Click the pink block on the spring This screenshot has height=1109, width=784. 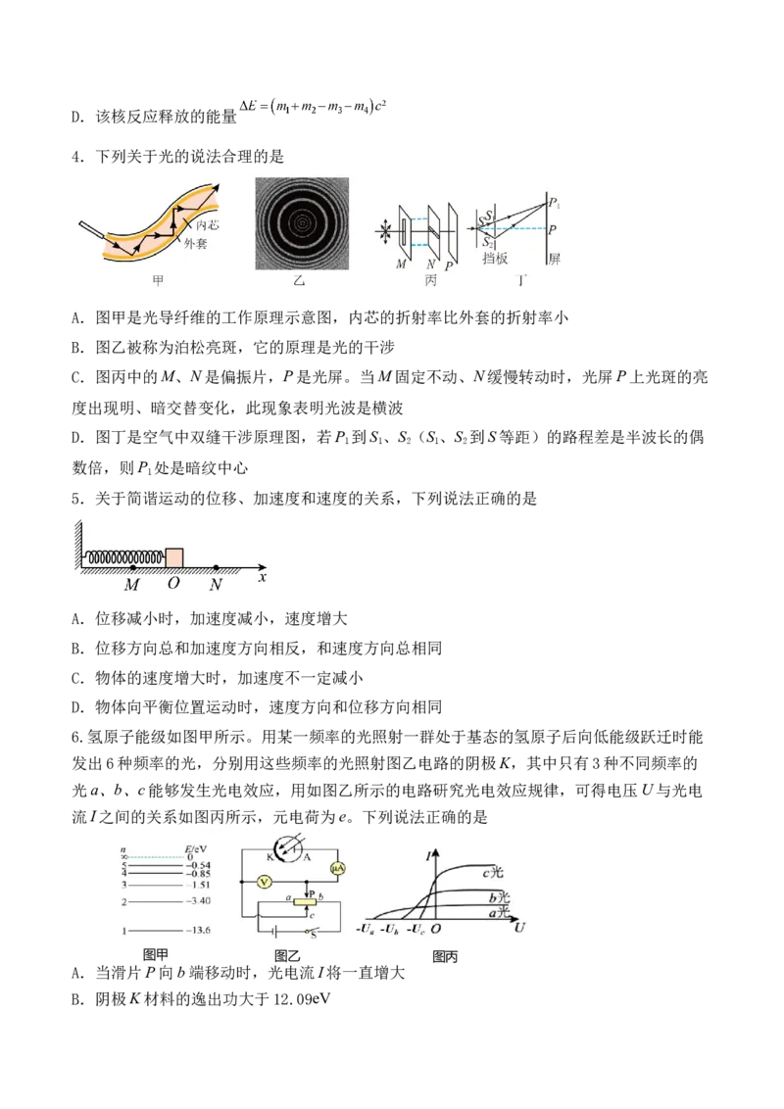[174, 556]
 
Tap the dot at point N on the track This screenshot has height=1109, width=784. [216, 567]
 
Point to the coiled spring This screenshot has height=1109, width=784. [124, 558]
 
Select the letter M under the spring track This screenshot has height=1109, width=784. [132, 585]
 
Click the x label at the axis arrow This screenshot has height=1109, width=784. [263, 577]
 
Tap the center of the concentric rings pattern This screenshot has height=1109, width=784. [302, 223]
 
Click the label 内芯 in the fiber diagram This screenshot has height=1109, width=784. [208, 225]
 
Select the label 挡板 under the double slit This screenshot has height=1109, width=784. [495, 259]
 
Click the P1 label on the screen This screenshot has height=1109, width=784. [555, 204]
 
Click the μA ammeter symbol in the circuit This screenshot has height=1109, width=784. [338, 868]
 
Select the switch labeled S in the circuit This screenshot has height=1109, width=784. [312, 935]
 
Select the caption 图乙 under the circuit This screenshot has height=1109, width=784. [287, 956]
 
